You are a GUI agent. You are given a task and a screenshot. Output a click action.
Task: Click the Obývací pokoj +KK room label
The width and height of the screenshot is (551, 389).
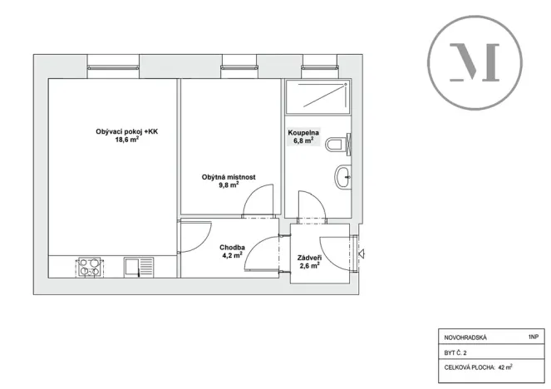coord(125,131)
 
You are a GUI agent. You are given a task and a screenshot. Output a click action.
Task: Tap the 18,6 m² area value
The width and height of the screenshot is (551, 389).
coord(126,140)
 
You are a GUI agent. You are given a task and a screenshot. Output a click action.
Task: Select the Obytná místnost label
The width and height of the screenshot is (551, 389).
coord(228,177)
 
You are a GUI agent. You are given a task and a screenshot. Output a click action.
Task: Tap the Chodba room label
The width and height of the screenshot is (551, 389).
coord(231,248)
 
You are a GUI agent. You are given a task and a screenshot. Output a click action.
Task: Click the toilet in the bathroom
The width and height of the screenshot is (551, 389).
coord(338,146)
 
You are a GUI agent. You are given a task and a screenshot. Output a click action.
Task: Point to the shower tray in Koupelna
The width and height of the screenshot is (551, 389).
coord(317,97)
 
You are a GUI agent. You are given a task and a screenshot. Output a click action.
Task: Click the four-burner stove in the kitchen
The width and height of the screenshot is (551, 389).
coord(90,268)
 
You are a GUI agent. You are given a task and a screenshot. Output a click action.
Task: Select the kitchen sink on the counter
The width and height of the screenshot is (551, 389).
coord(134,268)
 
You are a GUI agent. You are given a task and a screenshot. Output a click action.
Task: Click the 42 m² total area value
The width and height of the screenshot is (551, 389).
coord(505,366)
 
